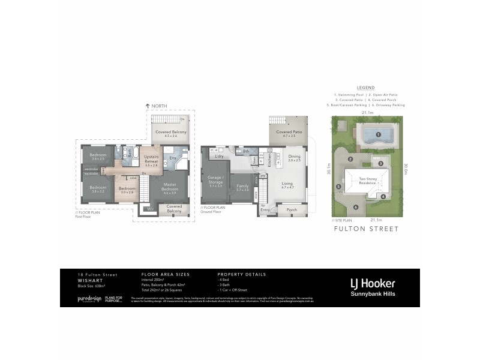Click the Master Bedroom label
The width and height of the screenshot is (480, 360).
coord(170,187)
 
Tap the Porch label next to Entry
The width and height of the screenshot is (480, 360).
coord(292,210)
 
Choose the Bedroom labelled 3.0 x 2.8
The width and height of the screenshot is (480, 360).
coord(127,190)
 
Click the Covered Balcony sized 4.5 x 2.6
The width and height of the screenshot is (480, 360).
coord(171,133)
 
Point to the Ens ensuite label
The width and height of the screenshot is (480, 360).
coord(172,158)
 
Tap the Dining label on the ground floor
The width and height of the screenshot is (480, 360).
coord(294,157)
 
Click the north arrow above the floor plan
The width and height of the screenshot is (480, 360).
coord(148,106)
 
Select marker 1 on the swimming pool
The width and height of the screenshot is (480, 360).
coord(379,135)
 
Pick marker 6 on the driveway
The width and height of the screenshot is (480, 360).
coord(355,208)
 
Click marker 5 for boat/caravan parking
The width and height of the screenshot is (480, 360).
coord(339,186)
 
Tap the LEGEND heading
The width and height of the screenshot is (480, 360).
coord(365,88)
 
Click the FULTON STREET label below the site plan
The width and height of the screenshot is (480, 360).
coord(365,229)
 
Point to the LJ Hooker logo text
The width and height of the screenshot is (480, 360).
coord(373,283)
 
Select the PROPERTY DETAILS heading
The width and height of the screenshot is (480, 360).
coord(241,274)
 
